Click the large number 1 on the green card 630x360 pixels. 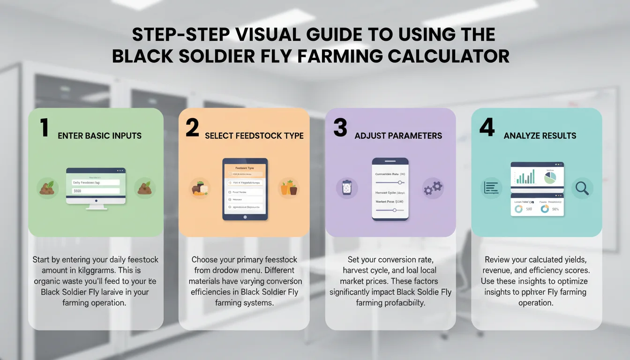point(45,128)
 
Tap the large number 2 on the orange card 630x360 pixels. point(192,128)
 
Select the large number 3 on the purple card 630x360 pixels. point(340,128)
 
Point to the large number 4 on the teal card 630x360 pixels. point(487,128)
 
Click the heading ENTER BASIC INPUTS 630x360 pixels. point(99,136)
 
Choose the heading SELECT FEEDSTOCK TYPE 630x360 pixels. point(254,136)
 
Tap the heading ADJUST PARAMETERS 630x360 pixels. point(398,136)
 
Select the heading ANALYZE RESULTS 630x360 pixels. point(540,136)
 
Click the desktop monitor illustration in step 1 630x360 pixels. point(96,188)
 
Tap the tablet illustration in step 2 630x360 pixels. point(245,189)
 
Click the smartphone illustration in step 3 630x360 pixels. point(390,189)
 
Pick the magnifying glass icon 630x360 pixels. point(582,188)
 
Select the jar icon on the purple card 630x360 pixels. point(347,188)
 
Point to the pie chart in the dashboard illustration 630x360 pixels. point(550,178)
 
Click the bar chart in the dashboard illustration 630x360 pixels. point(525,177)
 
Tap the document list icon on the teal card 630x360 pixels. point(491,188)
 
